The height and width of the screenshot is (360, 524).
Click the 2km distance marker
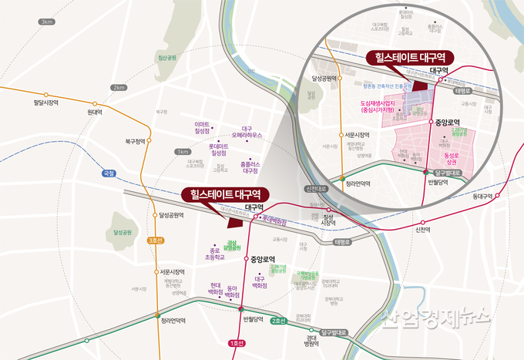click(118, 87)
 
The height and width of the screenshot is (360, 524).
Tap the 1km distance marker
click(183, 152)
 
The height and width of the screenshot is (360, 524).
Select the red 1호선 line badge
click(237, 341)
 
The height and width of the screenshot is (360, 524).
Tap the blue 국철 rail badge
click(107, 173)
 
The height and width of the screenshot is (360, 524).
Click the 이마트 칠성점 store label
click(203, 127)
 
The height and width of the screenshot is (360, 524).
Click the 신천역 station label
click(423, 229)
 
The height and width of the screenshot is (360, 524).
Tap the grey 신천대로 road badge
click(315, 188)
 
